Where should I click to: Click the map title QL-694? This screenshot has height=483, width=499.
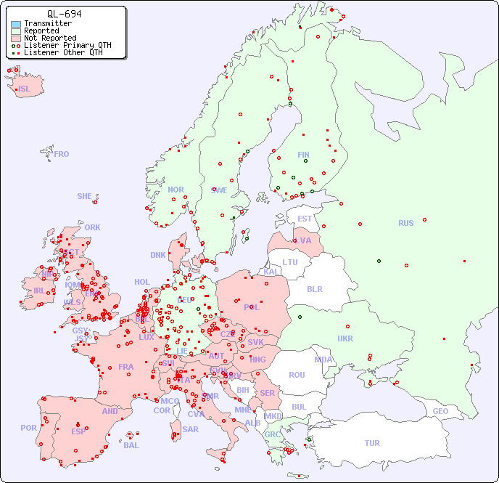[x=64, y=14]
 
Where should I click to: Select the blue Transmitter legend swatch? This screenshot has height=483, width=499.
[x=16, y=24]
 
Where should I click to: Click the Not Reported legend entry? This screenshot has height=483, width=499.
[x=49, y=38]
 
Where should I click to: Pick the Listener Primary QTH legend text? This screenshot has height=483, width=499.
[x=67, y=45]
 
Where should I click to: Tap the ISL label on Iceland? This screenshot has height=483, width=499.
[x=25, y=89]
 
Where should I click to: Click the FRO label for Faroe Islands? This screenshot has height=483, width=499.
[x=62, y=154]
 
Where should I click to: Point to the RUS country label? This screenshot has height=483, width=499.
[x=405, y=223]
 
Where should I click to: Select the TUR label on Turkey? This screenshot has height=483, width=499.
[x=372, y=443]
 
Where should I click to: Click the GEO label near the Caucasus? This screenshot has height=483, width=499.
[x=440, y=411]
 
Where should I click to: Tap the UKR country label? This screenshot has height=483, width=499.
[x=345, y=338]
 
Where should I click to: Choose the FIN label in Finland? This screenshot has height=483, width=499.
[x=303, y=155]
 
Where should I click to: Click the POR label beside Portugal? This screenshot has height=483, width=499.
[x=28, y=428]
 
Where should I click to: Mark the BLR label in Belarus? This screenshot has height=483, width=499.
[x=315, y=289]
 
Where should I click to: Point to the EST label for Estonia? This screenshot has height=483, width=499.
[x=305, y=219]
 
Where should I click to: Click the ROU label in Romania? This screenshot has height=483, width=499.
[x=297, y=375]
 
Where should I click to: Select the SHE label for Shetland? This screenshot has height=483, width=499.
[x=85, y=196]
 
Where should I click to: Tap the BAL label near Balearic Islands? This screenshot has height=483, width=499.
[x=131, y=445]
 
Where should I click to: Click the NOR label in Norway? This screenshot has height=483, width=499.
[x=176, y=190]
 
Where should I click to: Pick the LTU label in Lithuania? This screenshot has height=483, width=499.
[x=290, y=262]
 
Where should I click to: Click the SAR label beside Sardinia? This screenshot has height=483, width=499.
[x=190, y=429]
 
